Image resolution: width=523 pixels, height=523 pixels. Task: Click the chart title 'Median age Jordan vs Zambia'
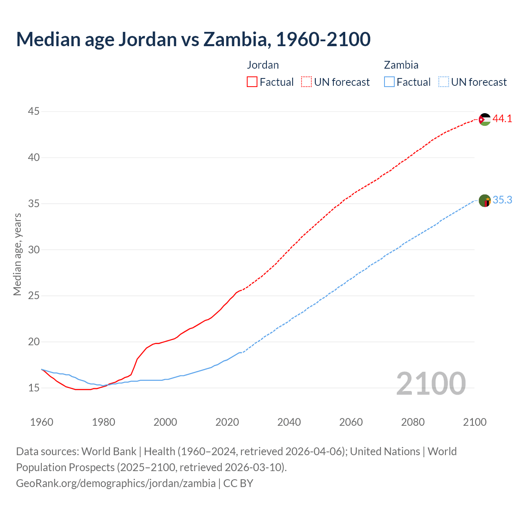[193, 39]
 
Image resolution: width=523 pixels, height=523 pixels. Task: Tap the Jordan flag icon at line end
[485, 119]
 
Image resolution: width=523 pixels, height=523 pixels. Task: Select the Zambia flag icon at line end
[485, 201]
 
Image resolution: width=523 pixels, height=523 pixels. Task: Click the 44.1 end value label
[502, 119]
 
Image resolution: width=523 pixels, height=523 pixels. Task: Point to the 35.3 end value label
[502, 200]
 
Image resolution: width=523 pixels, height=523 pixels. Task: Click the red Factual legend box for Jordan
[252, 82]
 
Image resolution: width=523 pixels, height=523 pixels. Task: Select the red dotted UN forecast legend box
[306, 82]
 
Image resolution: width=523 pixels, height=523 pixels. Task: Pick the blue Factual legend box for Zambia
[389, 82]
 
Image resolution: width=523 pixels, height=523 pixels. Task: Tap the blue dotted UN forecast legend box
[444, 82]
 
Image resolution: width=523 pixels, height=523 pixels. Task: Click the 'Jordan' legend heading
[263, 65]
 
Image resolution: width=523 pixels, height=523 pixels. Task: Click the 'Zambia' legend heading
[401, 65]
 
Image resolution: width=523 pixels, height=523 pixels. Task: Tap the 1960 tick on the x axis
[42, 422]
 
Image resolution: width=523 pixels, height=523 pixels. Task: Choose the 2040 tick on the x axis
[289, 422]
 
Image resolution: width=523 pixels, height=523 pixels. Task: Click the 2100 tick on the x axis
[475, 422]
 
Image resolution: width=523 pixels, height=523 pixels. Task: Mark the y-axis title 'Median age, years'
[17, 254]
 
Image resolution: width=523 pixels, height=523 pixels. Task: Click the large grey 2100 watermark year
[431, 384]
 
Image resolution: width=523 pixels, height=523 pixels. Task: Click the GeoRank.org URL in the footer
[116, 483]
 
